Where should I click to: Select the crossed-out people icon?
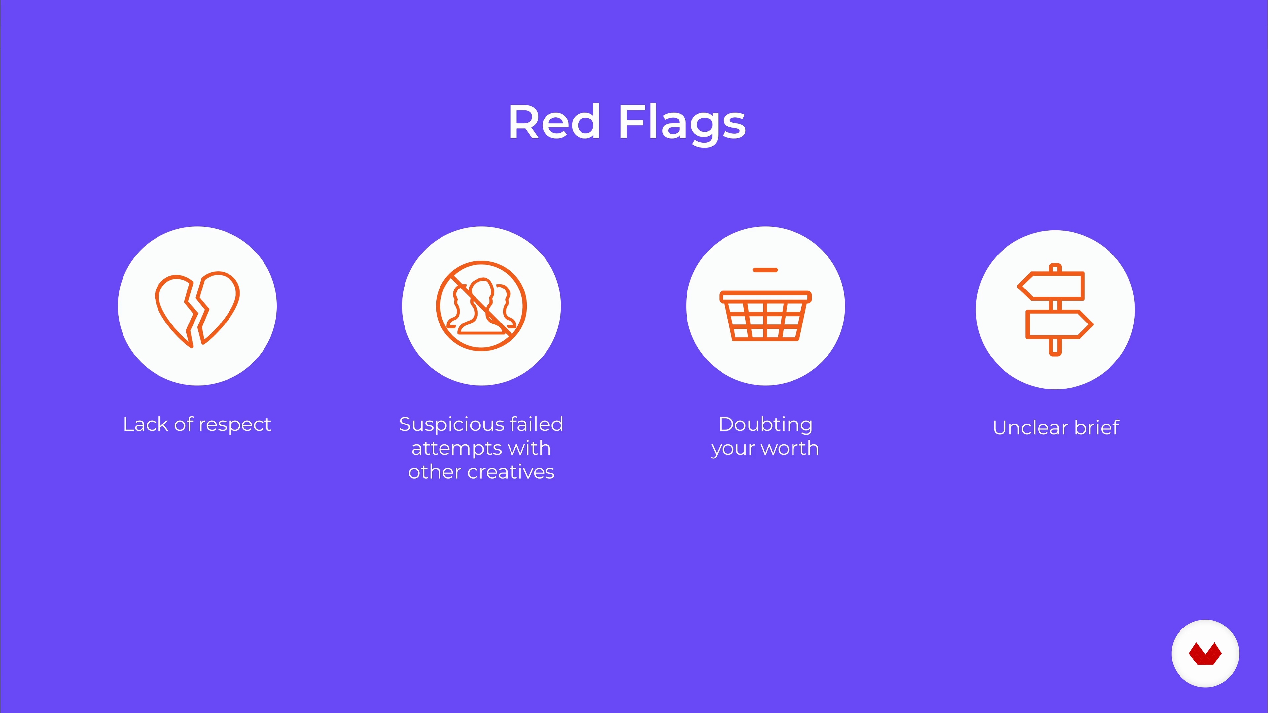pos(481,306)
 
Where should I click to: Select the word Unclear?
pos(1031,427)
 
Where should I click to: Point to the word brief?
pos(1097,427)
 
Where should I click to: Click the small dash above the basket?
pos(765,270)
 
